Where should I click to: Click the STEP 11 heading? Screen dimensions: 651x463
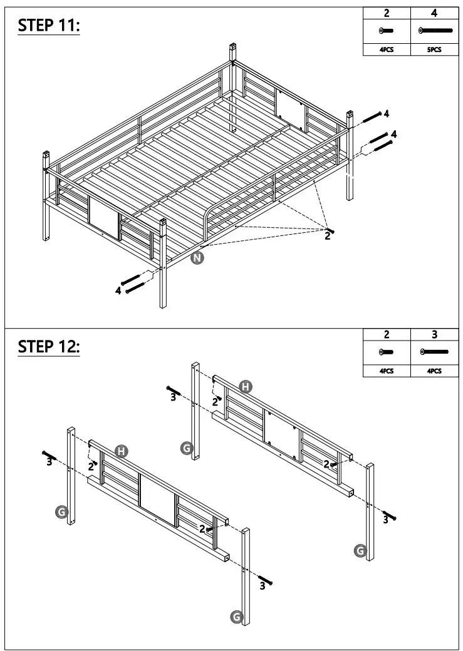[x=49, y=26]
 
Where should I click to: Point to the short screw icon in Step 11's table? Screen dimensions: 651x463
[x=387, y=30]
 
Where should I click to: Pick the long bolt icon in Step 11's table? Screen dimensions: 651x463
[x=434, y=30]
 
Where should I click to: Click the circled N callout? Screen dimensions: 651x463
[x=198, y=258]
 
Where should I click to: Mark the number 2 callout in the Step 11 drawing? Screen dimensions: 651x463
[x=327, y=236]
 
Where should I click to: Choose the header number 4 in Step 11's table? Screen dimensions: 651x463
[x=434, y=13]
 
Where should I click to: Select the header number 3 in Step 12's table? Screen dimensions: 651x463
[x=434, y=335]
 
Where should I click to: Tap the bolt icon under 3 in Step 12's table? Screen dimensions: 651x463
[x=434, y=352]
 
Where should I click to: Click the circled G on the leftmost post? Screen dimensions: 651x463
[x=61, y=512]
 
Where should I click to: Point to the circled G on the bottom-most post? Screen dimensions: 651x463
[x=237, y=617]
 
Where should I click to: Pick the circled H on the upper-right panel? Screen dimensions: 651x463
[x=246, y=387]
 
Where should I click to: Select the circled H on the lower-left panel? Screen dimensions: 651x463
[x=123, y=451]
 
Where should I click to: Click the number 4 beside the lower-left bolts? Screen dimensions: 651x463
[x=118, y=290]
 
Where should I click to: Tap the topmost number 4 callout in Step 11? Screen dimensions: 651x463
[x=387, y=113]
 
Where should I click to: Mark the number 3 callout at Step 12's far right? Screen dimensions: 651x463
[x=386, y=519]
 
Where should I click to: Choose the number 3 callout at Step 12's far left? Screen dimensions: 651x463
[x=49, y=462]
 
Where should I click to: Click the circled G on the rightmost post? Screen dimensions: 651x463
[x=360, y=550]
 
